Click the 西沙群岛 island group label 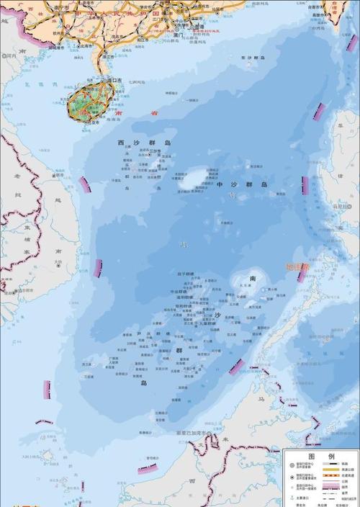[145, 144]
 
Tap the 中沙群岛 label [242, 185]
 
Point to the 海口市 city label [108, 80]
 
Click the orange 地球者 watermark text [297, 267]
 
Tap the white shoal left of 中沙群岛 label [190, 179]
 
